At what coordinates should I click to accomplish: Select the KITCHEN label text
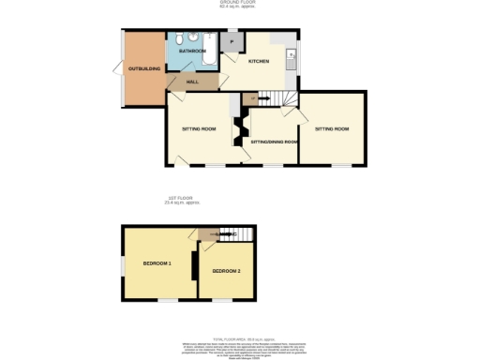click(x=259, y=62)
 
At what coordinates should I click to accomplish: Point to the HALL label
click(x=192, y=82)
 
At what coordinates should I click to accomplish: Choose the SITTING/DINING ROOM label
click(x=275, y=142)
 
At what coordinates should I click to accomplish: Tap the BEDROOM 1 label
click(x=157, y=263)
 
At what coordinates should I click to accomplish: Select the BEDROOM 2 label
click(x=226, y=271)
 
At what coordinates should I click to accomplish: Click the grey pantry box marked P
click(x=231, y=41)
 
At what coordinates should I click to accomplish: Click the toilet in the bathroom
click(x=191, y=38)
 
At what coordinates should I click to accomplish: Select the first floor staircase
click(x=241, y=233)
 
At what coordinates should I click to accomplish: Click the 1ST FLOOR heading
click(x=179, y=199)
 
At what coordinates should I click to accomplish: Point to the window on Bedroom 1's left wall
click(x=121, y=266)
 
